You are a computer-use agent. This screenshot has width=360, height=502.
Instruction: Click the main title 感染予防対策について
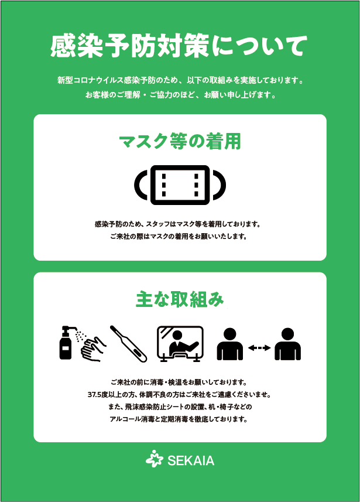pos(179,46)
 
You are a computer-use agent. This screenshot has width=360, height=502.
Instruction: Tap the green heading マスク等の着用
pos(180,141)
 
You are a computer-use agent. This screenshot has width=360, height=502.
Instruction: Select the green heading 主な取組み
pos(180,299)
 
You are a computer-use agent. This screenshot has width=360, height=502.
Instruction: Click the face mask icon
pos(180,185)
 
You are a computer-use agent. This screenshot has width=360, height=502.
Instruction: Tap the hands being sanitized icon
pos(94,349)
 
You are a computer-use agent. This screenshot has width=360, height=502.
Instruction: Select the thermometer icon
pos(128,344)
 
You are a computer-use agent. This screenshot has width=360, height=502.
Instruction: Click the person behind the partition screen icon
pos(180,344)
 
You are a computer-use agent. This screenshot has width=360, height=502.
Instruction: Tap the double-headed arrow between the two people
pos(259,347)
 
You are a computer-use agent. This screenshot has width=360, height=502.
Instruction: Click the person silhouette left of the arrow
pos(230,344)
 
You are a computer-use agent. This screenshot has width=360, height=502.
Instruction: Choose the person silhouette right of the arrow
pos(287,344)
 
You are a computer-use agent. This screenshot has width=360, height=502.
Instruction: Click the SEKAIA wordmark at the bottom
pos(191,460)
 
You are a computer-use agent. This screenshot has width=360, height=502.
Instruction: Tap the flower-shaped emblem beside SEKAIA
pos(155,459)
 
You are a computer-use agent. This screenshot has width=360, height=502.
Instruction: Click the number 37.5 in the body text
pos(95,394)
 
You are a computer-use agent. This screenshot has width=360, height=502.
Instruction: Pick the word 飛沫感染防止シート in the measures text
pos(153,407)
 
